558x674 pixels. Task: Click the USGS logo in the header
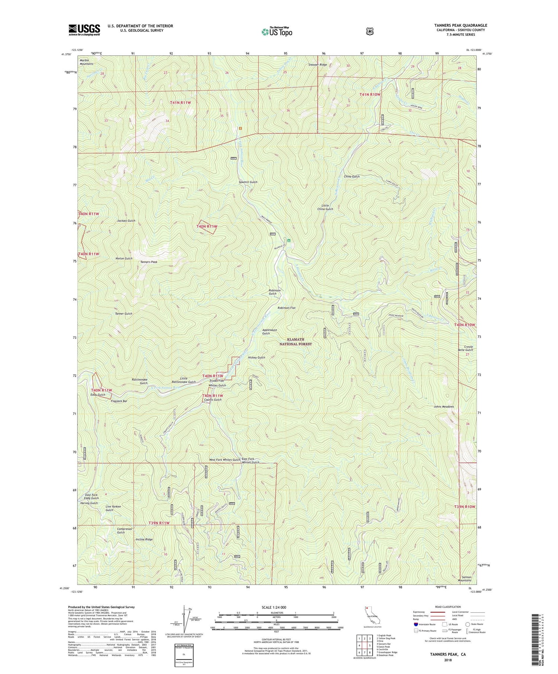[x=84, y=30]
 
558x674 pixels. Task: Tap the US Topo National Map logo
[x=277, y=31]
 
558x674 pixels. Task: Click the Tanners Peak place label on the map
[x=149, y=262]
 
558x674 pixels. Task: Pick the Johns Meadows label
[x=443, y=407]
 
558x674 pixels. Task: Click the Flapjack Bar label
[x=119, y=401]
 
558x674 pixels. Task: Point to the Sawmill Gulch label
[x=248, y=182]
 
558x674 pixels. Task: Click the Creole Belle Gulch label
[x=466, y=348]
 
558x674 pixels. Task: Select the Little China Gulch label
[x=325, y=207]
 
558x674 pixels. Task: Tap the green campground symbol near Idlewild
[x=289, y=240]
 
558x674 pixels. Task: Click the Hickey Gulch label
[x=256, y=357]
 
